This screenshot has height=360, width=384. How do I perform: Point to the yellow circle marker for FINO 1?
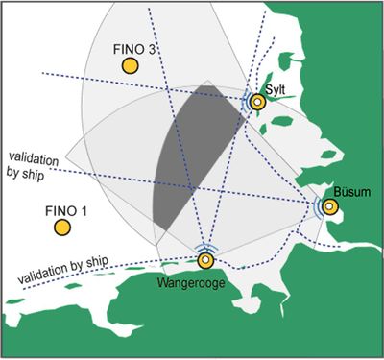(x=61, y=228)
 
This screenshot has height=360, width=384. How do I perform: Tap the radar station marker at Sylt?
(x=256, y=102)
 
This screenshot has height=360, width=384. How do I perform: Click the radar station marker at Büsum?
(x=329, y=206)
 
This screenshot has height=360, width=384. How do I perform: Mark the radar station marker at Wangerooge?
(x=204, y=260)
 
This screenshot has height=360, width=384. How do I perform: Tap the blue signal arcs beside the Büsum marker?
(x=317, y=206)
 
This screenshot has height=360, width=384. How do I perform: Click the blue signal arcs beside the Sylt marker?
(x=244, y=103)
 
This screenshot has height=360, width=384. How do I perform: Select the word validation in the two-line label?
(x=33, y=156)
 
